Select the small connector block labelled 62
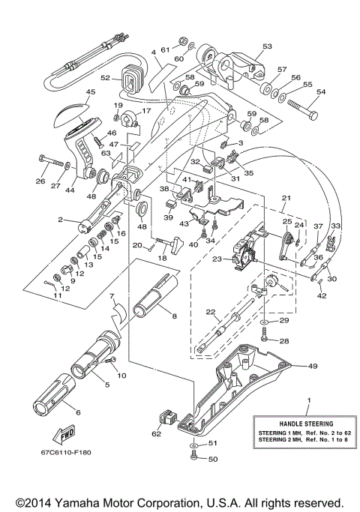(167, 416)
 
